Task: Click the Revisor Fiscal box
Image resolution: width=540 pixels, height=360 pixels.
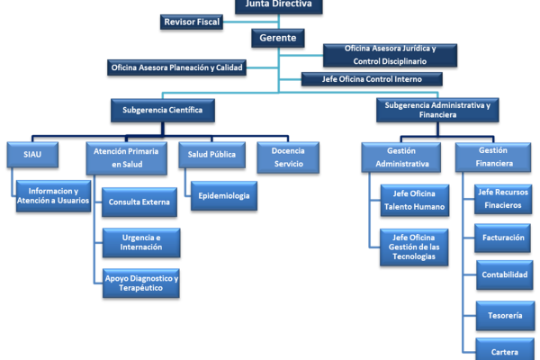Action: [192, 22]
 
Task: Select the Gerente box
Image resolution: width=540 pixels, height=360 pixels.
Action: [278, 38]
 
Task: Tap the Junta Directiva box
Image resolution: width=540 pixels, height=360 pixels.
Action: [279, 6]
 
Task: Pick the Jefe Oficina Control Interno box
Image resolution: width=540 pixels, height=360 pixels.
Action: [372, 79]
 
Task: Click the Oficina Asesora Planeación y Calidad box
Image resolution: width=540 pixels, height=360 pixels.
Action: [176, 67]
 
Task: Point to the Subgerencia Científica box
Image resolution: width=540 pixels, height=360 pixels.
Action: [163, 110]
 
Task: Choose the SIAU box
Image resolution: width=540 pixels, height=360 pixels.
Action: [32, 155]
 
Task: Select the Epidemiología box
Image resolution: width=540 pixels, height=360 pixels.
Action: [224, 196]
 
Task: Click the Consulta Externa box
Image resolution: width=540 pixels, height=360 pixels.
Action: [139, 202]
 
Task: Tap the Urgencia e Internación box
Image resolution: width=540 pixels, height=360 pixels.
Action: [141, 242]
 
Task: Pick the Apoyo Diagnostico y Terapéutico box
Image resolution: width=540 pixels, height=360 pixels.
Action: [141, 283]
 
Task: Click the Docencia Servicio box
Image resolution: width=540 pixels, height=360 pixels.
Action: [288, 157]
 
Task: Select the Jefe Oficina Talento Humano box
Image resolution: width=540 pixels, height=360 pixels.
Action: [415, 201]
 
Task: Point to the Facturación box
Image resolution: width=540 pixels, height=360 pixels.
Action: [503, 238]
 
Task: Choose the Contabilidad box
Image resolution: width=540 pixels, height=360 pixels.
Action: [505, 274]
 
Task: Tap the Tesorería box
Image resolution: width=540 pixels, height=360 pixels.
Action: [505, 316]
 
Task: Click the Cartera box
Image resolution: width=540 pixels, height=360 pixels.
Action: [505, 350]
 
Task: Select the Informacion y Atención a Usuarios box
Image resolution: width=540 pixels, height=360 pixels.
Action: [53, 196]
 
